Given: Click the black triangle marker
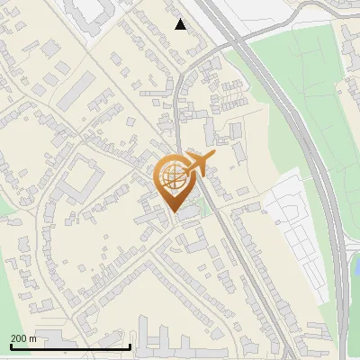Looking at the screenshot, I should coord(181,24).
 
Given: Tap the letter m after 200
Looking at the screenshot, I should coord(33,338).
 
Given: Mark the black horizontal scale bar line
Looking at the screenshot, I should coord(70,346).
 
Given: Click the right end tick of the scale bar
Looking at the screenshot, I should coord(130,345).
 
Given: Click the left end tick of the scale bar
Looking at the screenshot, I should coord(10,345).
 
